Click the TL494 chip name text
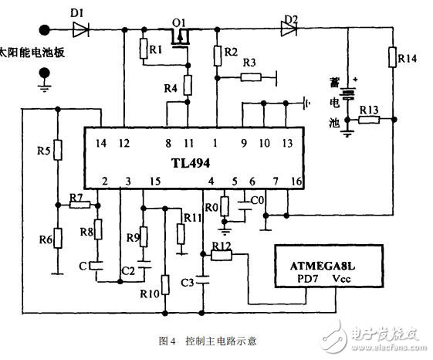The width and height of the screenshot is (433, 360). click(192, 165)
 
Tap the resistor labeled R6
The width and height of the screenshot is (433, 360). click(57, 240)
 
